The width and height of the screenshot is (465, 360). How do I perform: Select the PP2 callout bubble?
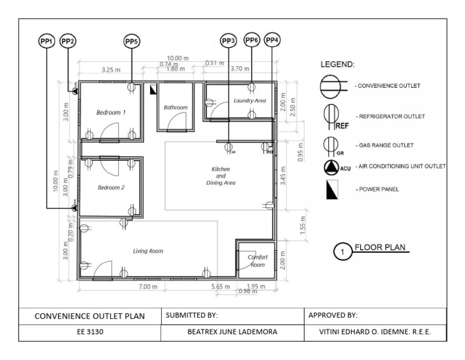click(x=68, y=41)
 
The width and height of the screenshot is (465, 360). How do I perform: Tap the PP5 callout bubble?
click(x=131, y=41)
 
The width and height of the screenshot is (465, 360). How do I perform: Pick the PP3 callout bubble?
click(x=228, y=41)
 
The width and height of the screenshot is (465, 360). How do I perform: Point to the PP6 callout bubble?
click(x=252, y=41)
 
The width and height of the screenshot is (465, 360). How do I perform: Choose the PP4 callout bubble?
click(x=272, y=41)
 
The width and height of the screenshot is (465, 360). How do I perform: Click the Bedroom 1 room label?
click(x=111, y=112)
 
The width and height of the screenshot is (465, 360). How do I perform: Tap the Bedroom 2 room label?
click(x=111, y=187)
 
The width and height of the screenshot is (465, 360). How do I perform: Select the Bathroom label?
click(x=176, y=107)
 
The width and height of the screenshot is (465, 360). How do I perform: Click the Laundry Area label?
click(x=249, y=101)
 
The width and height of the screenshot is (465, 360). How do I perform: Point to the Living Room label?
click(x=148, y=250)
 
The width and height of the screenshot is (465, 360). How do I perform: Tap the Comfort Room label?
click(x=257, y=261)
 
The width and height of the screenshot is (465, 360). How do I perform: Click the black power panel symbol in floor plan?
click(x=154, y=90)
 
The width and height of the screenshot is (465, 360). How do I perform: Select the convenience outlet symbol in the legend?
click(x=331, y=85)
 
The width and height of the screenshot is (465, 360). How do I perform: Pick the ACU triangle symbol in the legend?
click(x=331, y=167)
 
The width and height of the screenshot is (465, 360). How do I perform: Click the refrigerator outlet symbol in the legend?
click(x=331, y=115)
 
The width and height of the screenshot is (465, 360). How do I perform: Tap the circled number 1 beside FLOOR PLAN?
click(x=343, y=250)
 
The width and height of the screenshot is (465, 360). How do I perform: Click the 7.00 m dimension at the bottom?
click(x=148, y=285)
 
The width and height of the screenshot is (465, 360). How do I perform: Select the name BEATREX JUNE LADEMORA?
click(x=232, y=333)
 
